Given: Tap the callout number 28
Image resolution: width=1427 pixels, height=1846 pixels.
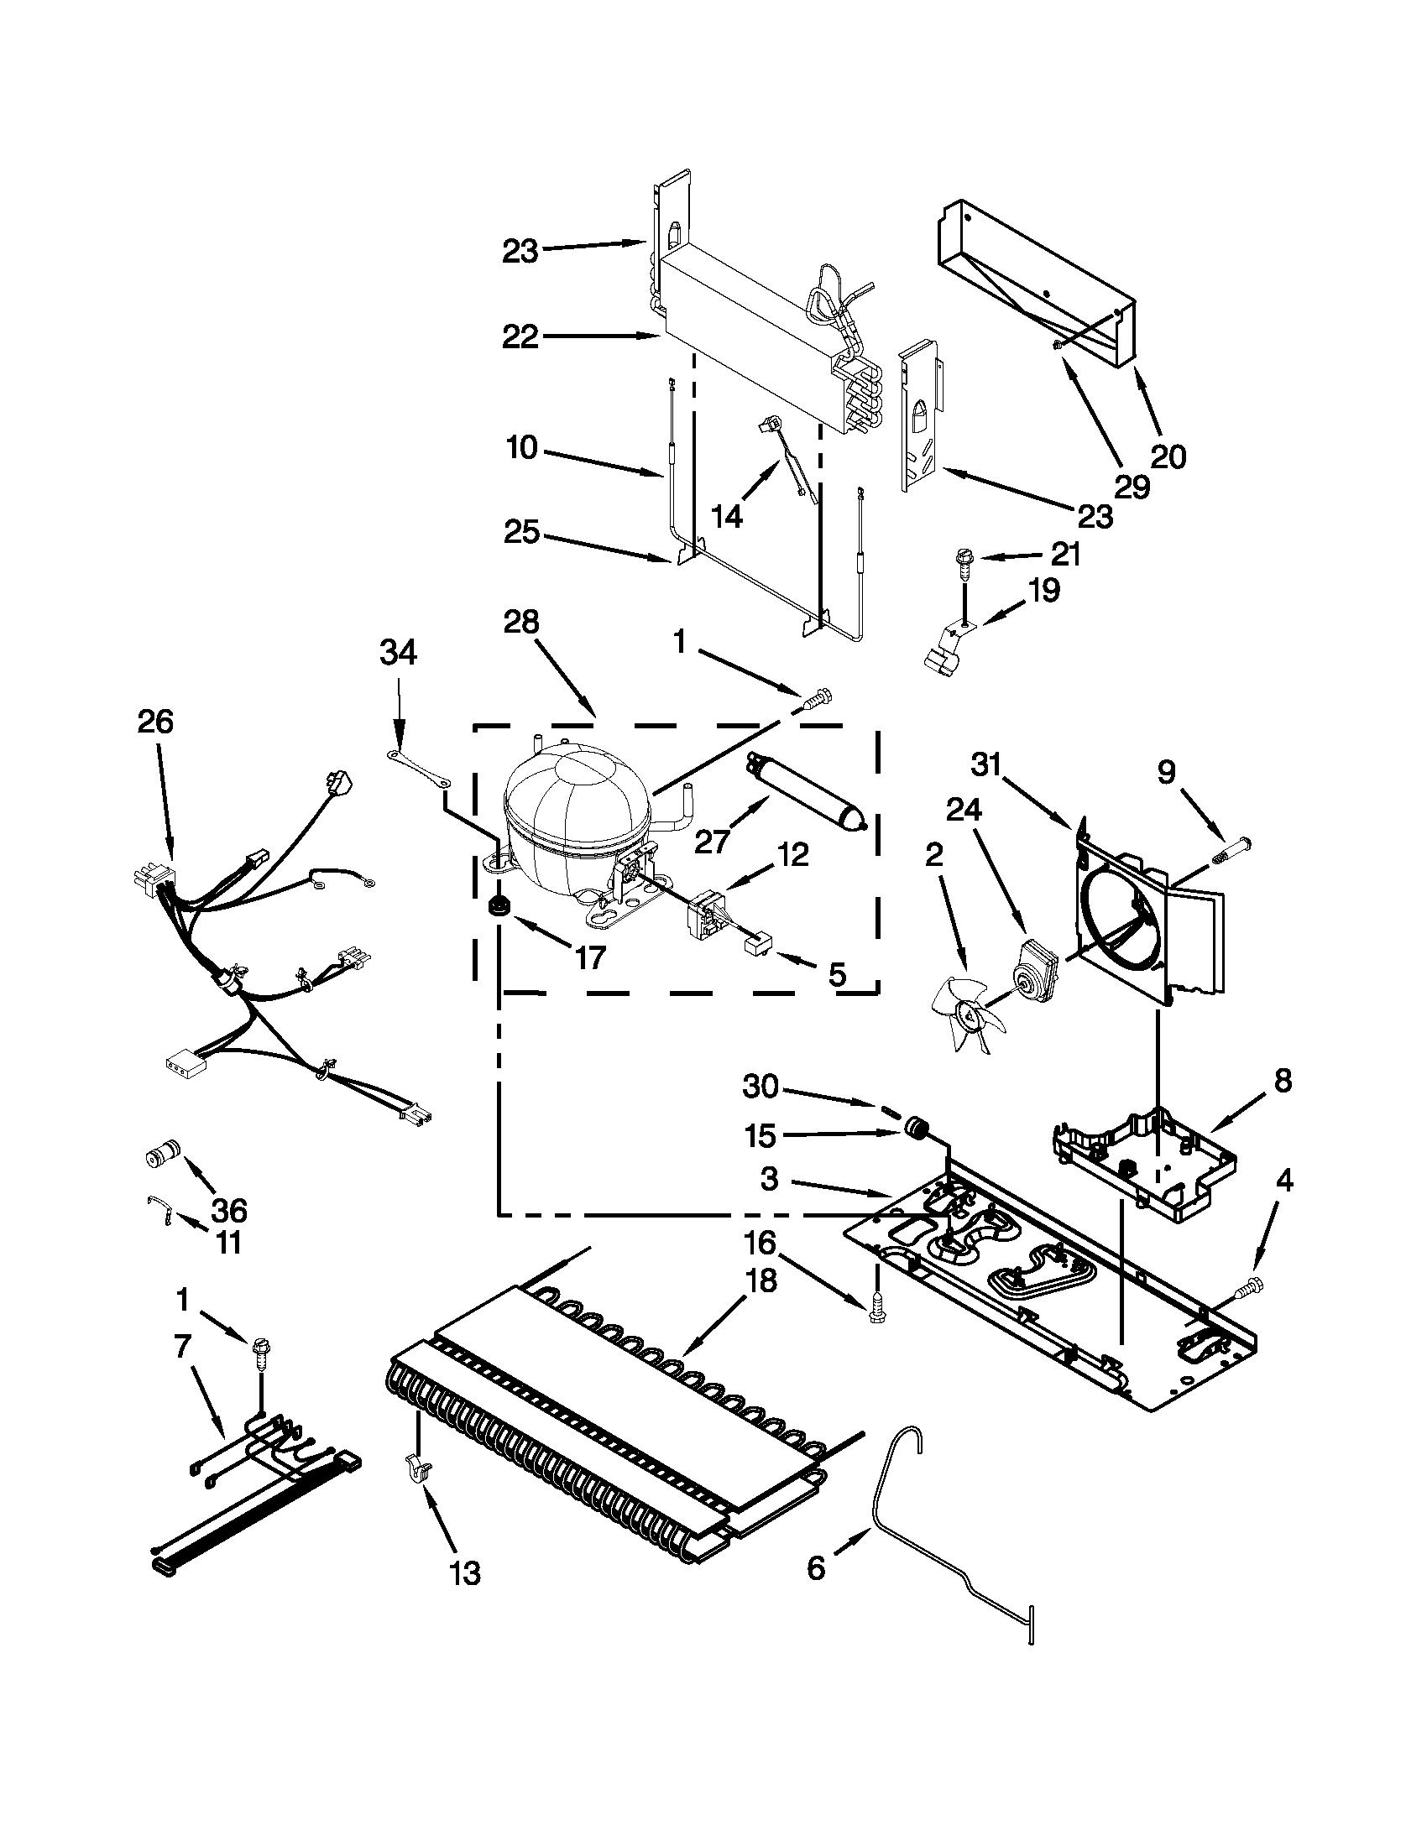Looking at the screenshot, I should [520, 622].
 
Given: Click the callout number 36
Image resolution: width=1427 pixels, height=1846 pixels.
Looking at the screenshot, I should [228, 1210].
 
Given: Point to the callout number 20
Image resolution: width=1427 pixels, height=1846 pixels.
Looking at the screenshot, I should [1168, 456].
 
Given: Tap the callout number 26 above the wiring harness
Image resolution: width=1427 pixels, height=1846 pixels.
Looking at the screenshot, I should [155, 721].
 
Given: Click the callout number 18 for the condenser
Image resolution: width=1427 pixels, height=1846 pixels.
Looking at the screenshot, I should [760, 1280].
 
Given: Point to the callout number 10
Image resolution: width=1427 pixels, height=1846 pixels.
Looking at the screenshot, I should [521, 447].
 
